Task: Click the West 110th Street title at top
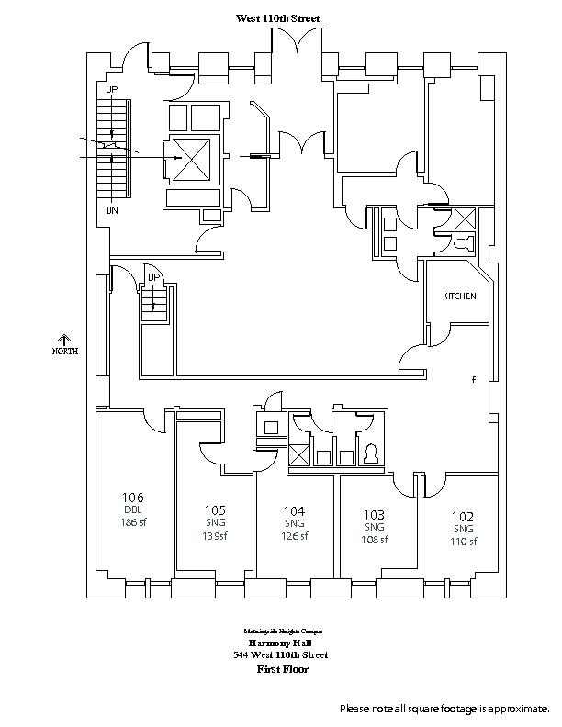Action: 278,18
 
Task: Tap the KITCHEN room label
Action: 459,296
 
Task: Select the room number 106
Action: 132,498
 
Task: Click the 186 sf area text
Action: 132,522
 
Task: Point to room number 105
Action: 215,510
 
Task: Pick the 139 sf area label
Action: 215,536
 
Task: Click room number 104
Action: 294,510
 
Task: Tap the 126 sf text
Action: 294,536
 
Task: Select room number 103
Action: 374,515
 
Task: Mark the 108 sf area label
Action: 374,540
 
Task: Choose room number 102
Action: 462,517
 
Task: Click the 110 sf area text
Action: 462,542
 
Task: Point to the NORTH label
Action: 65,352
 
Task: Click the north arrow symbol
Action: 65,339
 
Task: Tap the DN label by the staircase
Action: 112,210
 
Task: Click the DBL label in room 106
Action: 132,510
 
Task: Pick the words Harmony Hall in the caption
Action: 281,643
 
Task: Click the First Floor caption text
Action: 281,669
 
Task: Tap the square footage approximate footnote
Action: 444,709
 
